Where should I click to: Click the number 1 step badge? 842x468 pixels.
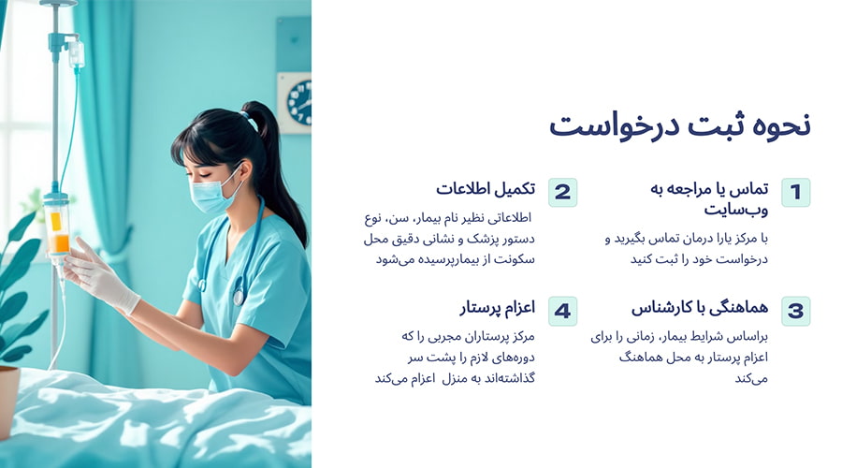tap(795, 193)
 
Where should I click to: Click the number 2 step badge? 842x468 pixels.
tap(562, 193)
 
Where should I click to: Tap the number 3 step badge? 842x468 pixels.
tap(795, 311)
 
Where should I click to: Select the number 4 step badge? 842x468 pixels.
tap(562, 311)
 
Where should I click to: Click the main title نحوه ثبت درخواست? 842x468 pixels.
tap(679, 124)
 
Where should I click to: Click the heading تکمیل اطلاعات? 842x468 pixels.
tap(486, 189)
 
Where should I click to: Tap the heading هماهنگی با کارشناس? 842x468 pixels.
tap(700, 308)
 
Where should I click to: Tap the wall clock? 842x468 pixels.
tap(298, 101)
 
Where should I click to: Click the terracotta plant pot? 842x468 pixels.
tap(8, 398)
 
